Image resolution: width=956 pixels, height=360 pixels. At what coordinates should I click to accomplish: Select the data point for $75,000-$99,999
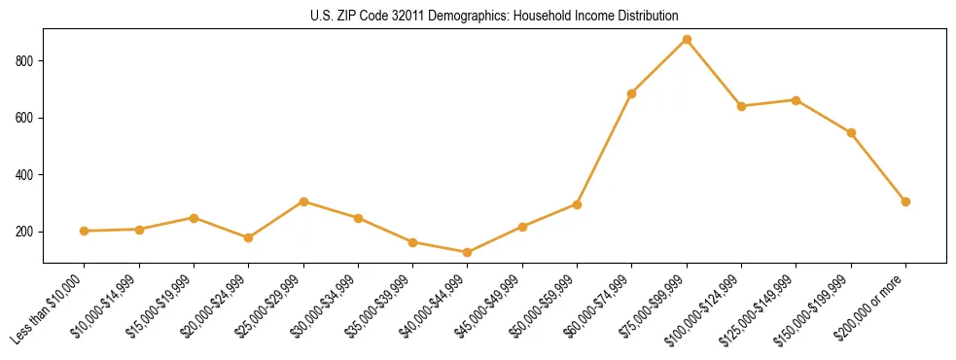click(687, 40)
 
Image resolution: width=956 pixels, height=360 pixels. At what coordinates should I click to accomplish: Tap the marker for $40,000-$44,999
click(468, 253)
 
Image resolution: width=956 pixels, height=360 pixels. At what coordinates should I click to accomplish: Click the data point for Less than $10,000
click(85, 232)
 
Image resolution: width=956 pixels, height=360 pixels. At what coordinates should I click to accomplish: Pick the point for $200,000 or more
click(905, 201)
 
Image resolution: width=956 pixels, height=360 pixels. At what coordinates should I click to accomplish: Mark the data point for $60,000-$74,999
click(632, 93)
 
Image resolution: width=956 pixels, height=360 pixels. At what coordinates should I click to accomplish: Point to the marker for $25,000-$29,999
click(303, 201)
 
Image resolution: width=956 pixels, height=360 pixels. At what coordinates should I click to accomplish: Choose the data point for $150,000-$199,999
click(851, 132)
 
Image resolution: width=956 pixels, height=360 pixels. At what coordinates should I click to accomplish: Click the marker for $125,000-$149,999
click(797, 100)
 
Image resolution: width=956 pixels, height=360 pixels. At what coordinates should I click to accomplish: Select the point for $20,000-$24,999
click(249, 237)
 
